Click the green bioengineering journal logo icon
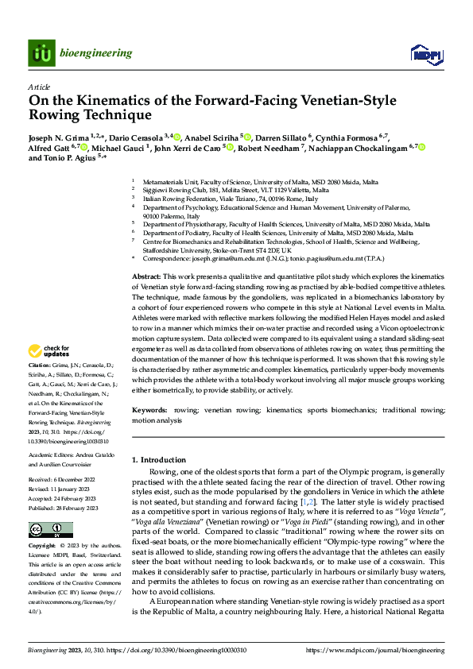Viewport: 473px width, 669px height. tap(41, 53)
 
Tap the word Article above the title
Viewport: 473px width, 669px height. tap(39, 87)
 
